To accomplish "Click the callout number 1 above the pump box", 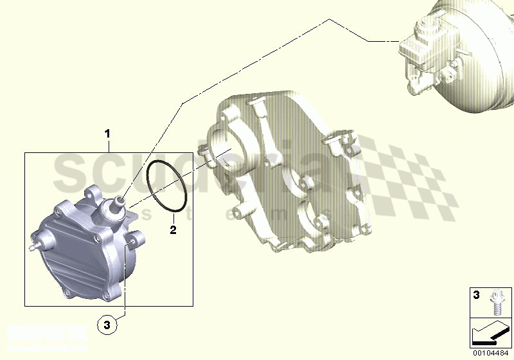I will pyautogui.click(x=108, y=134).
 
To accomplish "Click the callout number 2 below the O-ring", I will pyautogui.click(x=172, y=230).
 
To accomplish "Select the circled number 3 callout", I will pyautogui.click(x=108, y=326).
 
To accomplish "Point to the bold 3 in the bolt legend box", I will pyautogui.click(x=476, y=296).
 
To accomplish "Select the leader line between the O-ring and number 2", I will pyautogui.click(x=172, y=216).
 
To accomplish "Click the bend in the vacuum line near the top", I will pyautogui.click(x=330, y=21).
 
